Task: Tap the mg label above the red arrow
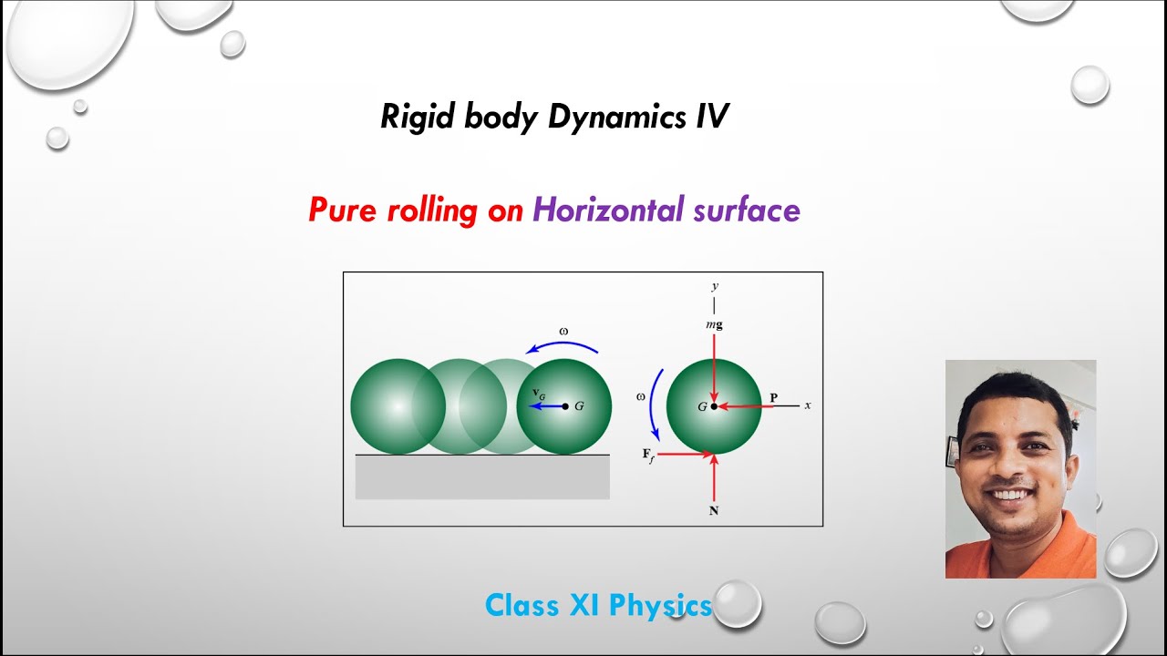(714, 323)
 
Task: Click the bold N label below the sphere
(714, 511)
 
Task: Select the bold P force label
(773, 397)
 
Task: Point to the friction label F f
(648, 455)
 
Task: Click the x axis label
(808, 405)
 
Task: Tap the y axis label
(714, 286)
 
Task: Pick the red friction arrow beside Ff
(684, 454)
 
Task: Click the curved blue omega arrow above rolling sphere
(563, 345)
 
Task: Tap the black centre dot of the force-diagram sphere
(714, 406)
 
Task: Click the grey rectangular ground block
(482, 477)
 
